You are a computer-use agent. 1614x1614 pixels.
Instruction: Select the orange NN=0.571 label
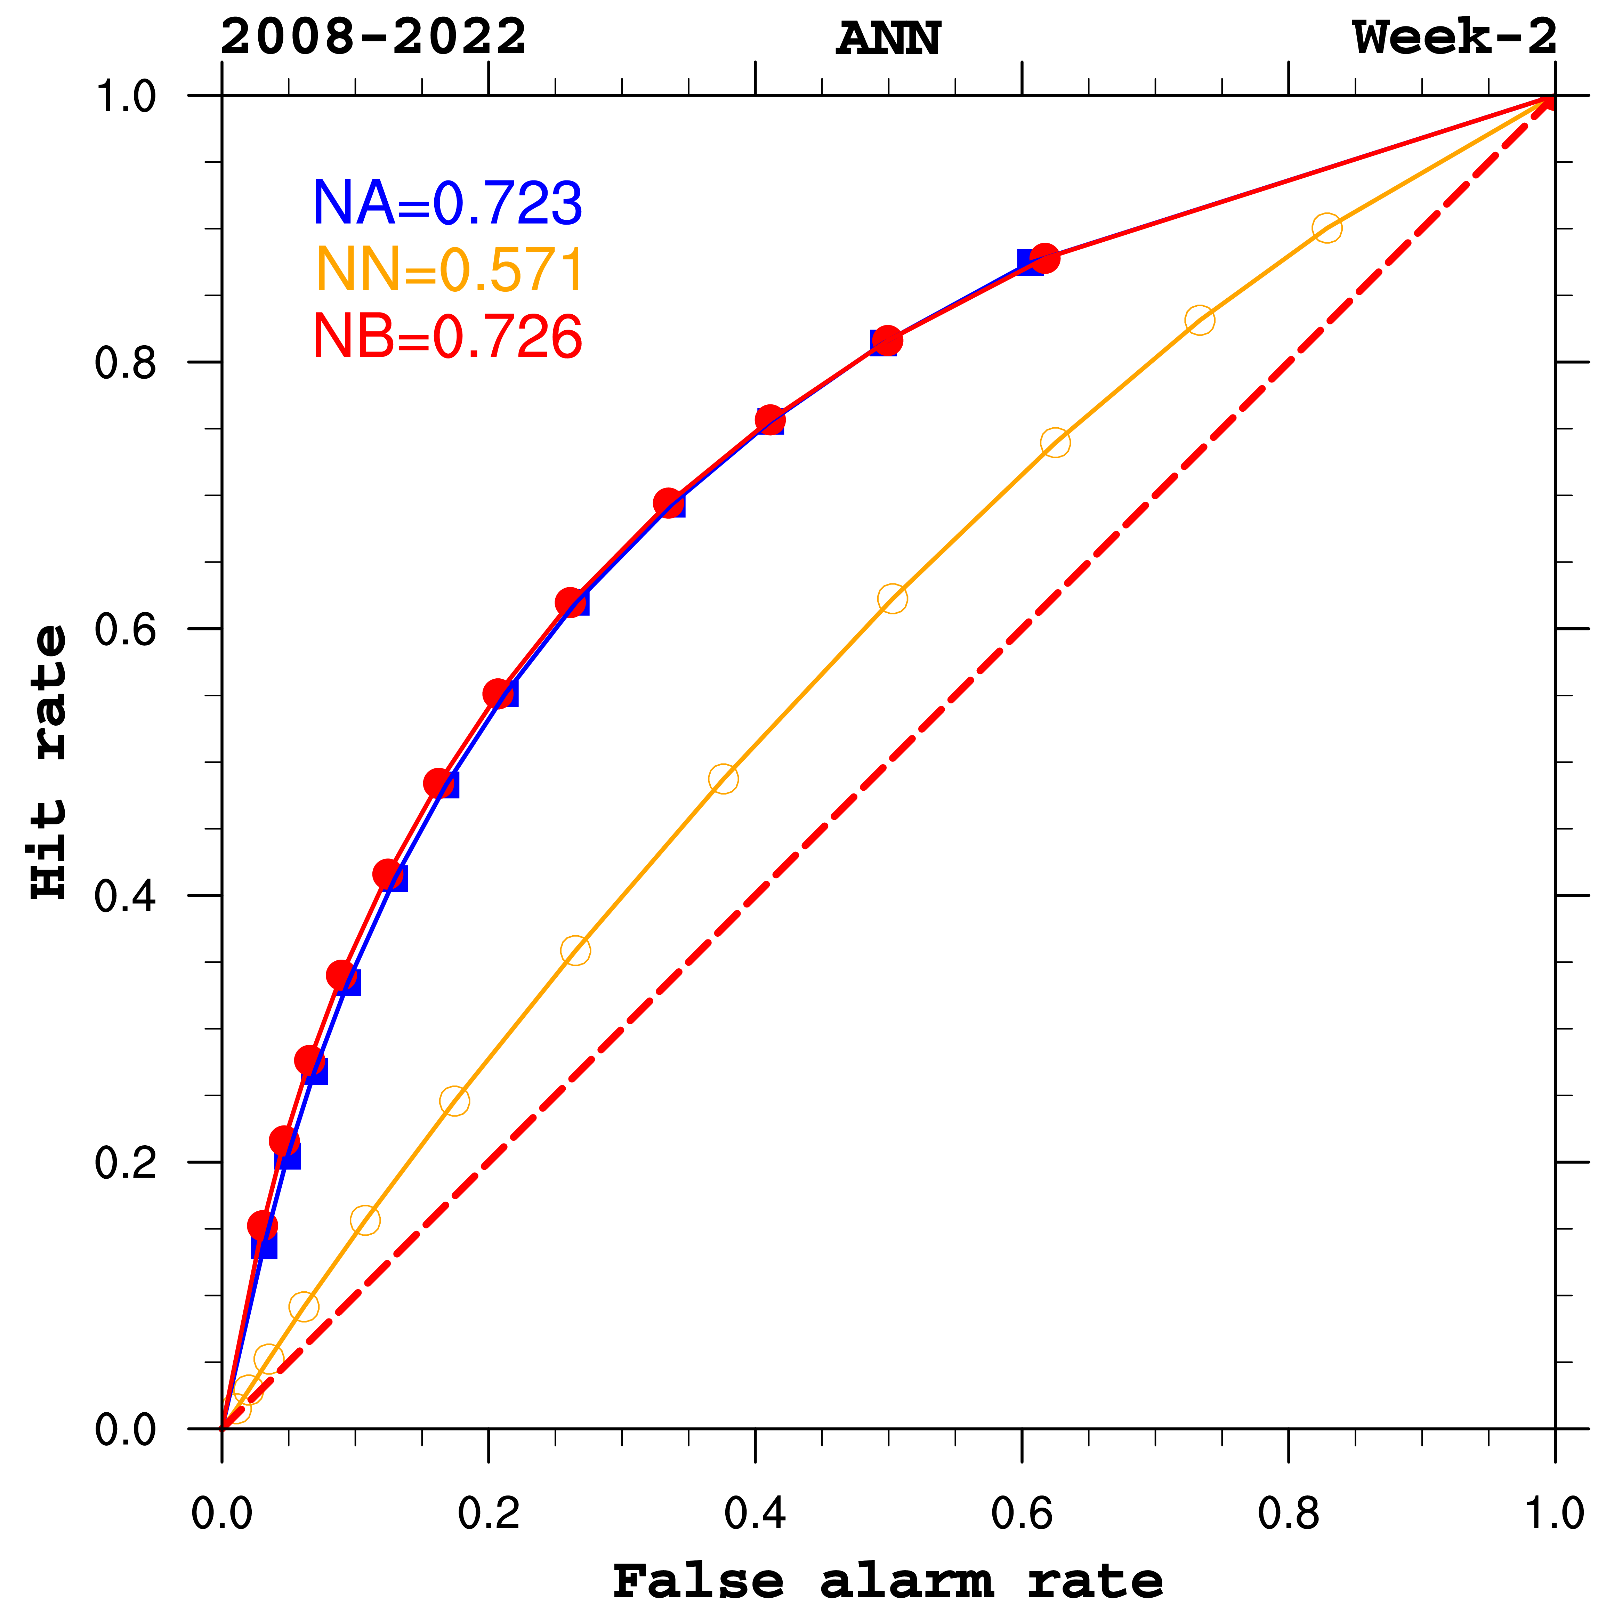click(x=450, y=271)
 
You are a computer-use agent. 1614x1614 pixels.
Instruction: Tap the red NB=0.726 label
click(x=447, y=337)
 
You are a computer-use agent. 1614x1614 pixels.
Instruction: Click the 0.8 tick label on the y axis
click(x=125, y=363)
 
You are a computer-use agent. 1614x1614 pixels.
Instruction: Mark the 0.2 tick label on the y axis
click(x=125, y=1162)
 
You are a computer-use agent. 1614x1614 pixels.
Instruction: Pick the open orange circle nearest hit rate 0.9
click(x=1326, y=227)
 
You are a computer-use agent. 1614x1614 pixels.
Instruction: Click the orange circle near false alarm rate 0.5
click(x=892, y=598)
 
